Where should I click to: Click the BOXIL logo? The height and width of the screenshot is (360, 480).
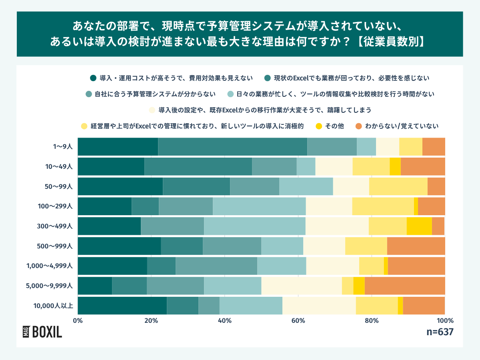(42, 332)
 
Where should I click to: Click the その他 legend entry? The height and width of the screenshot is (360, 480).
(330, 126)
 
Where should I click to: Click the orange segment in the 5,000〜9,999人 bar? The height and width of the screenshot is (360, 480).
(405, 286)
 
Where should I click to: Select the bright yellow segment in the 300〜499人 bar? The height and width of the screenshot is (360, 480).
(419, 226)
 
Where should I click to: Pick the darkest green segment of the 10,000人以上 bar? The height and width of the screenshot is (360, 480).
(122, 306)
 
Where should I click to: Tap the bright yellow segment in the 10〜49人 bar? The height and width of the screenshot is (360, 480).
(395, 166)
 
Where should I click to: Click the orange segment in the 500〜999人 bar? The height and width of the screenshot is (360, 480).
(416, 246)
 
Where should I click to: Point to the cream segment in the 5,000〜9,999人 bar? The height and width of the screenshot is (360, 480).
(302, 286)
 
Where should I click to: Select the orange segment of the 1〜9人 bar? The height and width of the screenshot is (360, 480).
(434, 146)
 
